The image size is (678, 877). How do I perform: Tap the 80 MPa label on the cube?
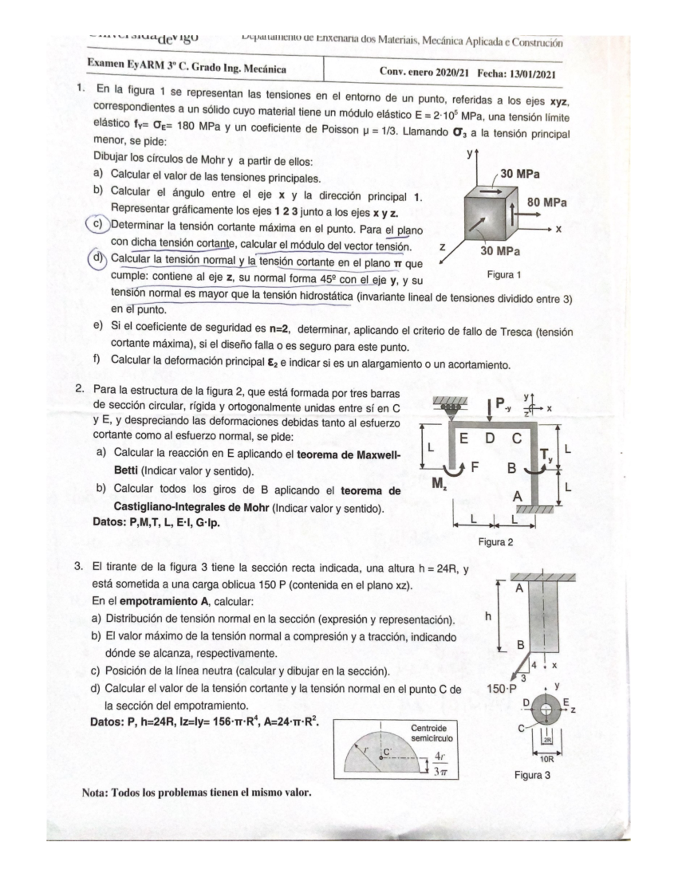(546, 202)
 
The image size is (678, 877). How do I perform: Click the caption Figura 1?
(503, 275)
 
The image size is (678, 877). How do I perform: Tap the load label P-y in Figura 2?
(503, 404)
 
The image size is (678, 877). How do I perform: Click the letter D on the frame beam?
(489, 438)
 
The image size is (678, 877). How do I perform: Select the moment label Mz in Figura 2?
(439, 483)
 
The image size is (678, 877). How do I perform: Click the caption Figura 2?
(496, 542)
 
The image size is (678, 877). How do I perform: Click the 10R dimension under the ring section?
(546, 760)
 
